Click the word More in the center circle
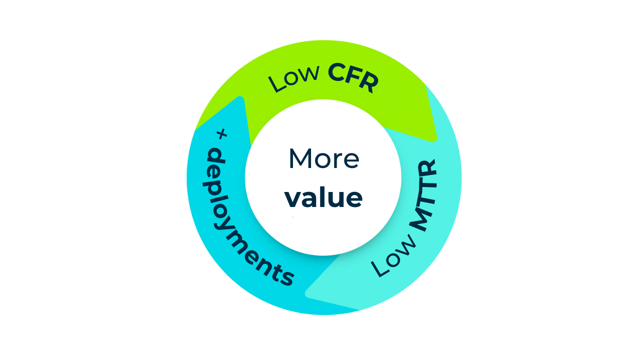(x=323, y=158)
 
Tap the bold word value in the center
(x=323, y=198)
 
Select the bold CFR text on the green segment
(x=352, y=78)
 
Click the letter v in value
(x=292, y=198)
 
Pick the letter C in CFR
(x=338, y=73)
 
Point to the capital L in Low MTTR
(x=380, y=269)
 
